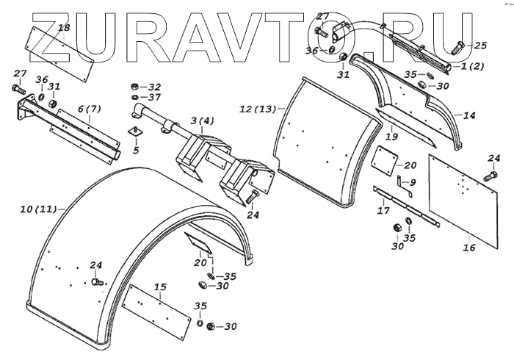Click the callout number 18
tap(64, 28)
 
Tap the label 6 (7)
tap(89, 109)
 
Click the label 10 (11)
tap(37, 210)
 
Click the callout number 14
tap(469, 115)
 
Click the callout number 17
tap(383, 212)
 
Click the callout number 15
tap(160, 286)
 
